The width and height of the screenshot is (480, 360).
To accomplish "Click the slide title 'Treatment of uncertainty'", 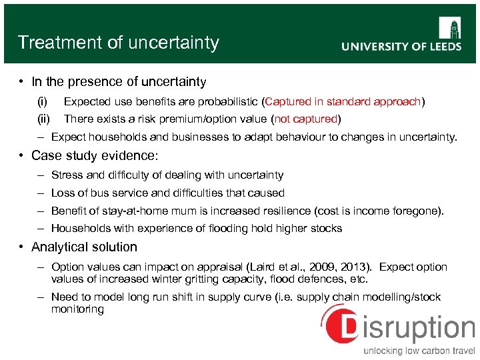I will pos(119,43).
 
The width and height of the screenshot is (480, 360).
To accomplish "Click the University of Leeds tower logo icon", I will pos(449,28).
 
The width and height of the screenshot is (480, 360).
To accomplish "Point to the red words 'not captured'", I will pos(306,119).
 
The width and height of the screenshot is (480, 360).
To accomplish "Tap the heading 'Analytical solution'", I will pos(84,247).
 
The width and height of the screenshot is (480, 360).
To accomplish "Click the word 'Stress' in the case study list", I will pos(67,175).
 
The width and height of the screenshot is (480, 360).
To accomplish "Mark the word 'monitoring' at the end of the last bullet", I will pos(77,309).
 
